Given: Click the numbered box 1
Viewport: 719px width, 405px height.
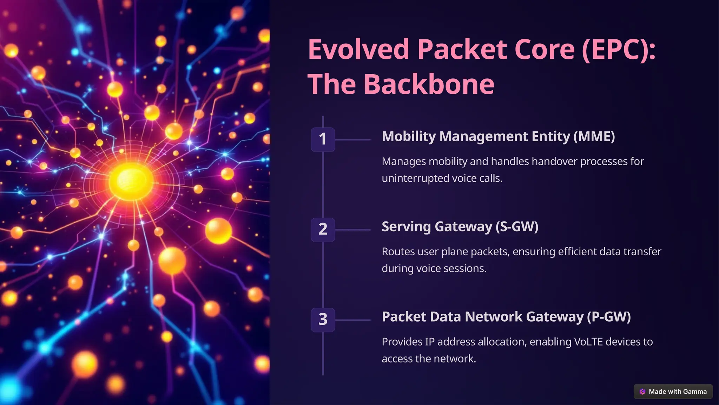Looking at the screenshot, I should [x=323, y=139].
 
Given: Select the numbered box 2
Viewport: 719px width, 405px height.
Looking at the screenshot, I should [x=323, y=230].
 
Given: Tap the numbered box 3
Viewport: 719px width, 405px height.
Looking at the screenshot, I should [x=323, y=320].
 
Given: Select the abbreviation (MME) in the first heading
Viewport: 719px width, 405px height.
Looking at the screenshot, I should [x=594, y=136].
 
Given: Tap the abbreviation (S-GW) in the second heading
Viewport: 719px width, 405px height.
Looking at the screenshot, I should [x=517, y=227].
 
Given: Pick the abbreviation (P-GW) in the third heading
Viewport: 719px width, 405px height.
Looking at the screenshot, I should [x=609, y=317].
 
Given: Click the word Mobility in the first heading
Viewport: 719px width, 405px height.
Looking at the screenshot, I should [x=409, y=136].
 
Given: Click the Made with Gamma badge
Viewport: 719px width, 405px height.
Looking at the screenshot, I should [x=673, y=392].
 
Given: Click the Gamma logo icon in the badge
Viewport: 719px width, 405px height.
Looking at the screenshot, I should [x=642, y=392].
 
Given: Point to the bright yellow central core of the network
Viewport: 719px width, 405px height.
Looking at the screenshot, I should [x=131, y=181].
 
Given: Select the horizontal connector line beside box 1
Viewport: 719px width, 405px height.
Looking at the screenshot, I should [x=353, y=140].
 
